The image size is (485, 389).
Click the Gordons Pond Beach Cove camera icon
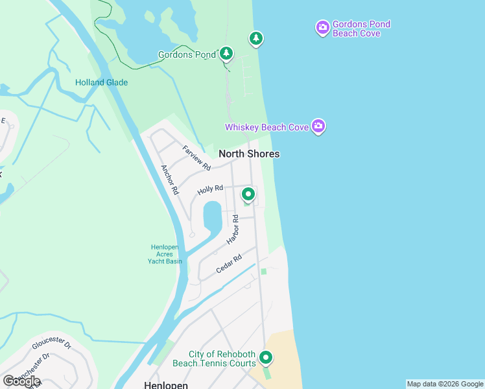[x=322, y=28]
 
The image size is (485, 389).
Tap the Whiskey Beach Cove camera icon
[x=318, y=126]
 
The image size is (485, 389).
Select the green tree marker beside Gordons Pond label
[x=226, y=53]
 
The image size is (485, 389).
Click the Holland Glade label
[x=101, y=82]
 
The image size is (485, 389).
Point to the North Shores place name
[x=249, y=154]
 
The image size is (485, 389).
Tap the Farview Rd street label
[x=196, y=158]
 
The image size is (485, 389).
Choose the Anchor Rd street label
[x=169, y=180]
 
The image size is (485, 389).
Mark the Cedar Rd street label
[x=229, y=263]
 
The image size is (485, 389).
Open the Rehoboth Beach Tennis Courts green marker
[x=266, y=357]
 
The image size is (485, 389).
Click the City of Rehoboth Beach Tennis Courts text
[x=222, y=359]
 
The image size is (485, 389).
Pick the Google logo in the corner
[x=21, y=381]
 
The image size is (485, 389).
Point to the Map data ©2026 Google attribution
[x=445, y=384]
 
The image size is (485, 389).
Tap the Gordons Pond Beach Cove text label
[x=361, y=29]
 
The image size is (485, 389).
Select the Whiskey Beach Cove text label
[x=266, y=127]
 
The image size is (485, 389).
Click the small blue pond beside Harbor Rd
[x=212, y=217]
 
